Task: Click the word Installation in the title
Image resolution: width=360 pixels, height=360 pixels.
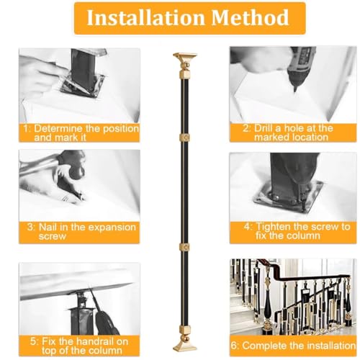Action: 145,17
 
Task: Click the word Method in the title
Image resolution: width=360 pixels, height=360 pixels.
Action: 250,17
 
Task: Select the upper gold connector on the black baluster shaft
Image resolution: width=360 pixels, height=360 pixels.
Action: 184,138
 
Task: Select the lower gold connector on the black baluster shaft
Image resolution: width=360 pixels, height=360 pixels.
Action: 184,247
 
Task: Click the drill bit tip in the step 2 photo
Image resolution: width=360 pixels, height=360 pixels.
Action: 295,91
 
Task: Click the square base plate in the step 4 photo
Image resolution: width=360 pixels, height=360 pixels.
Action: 289,197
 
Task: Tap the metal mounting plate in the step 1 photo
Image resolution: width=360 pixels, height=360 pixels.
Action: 83,85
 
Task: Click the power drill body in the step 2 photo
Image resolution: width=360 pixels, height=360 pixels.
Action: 303,63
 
